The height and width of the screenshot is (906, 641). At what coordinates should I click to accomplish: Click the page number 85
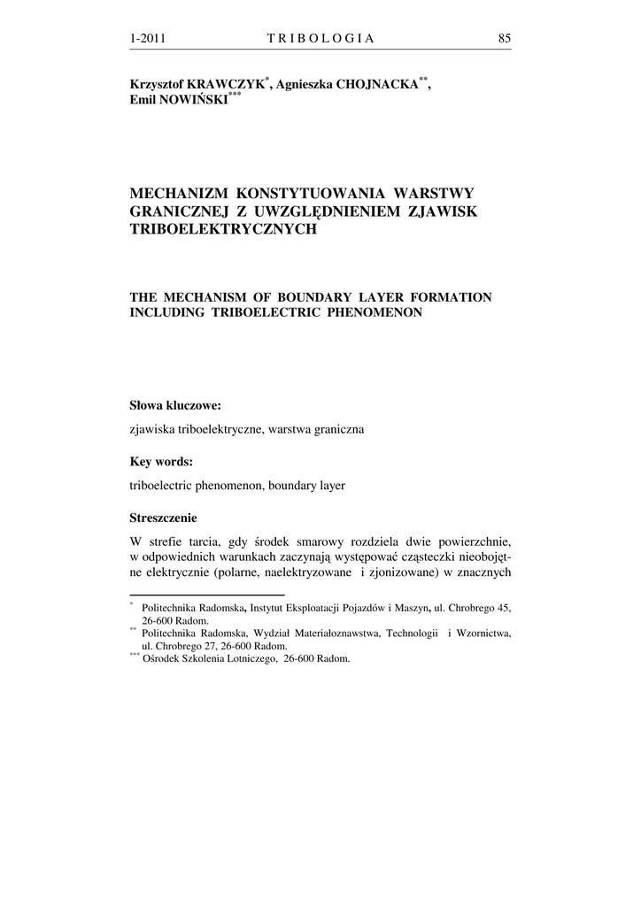(x=505, y=38)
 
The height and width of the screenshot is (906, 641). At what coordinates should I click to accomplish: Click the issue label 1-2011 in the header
(x=148, y=38)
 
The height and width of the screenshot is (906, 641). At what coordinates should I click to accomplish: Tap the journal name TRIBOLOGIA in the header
(x=320, y=38)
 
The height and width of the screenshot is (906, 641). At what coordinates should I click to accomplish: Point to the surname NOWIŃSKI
(x=192, y=100)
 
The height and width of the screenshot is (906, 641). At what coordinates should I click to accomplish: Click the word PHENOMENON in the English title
(x=366, y=313)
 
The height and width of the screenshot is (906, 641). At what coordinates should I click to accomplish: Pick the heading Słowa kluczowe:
(x=175, y=406)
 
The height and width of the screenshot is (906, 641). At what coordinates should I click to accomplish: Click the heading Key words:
(x=161, y=462)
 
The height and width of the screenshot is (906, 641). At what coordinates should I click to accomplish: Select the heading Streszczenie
(x=164, y=518)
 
